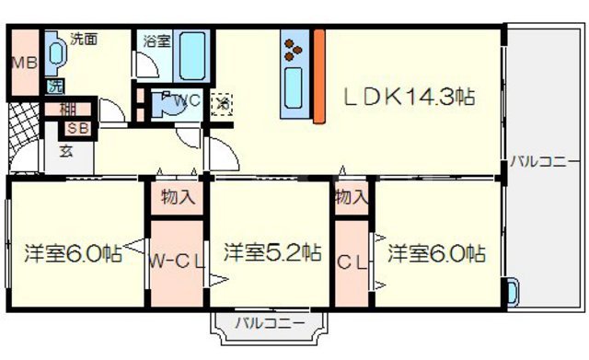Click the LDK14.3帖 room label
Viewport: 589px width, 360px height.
(x=410, y=97)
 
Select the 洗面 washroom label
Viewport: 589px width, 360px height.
(x=84, y=39)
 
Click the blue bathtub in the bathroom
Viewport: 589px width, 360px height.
(x=193, y=57)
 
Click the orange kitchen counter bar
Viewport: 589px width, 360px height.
(x=319, y=75)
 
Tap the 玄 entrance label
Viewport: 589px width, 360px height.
(x=66, y=150)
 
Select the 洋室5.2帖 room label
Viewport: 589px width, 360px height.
(x=271, y=250)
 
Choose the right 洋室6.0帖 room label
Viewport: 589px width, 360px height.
(x=435, y=252)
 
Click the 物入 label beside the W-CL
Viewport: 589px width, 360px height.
(x=178, y=196)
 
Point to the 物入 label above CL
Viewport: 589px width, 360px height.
(x=352, y=196)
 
